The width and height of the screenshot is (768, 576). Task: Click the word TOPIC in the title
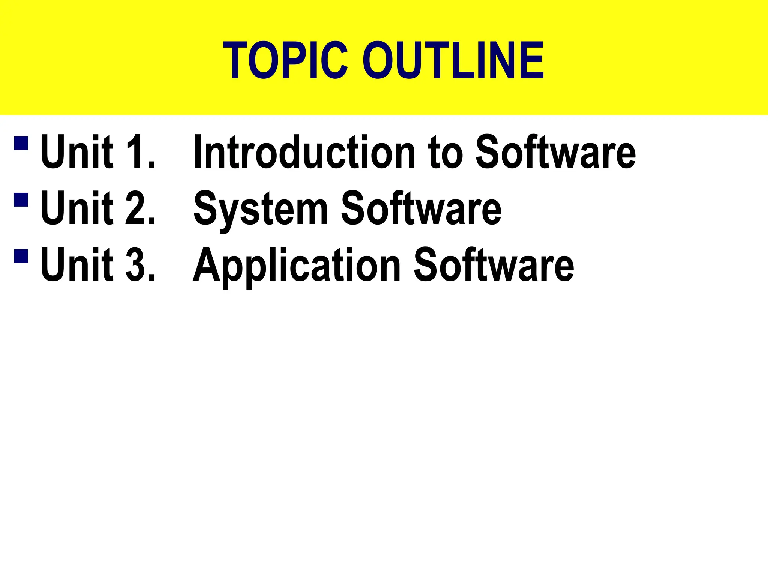click(285, 60)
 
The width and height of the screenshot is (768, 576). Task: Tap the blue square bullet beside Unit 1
click(21, 143)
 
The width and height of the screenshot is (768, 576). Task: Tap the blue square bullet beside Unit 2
click(21, 199)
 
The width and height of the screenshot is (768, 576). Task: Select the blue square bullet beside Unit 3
click(21, 256)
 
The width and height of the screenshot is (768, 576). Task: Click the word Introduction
click(304, 152)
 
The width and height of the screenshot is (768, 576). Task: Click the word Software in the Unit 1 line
click(555, 152)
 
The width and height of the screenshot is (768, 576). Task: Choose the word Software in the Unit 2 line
click(421, 208)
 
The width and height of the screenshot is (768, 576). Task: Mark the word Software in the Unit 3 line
click(493, 265)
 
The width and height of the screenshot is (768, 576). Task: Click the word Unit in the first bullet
click(77, 152)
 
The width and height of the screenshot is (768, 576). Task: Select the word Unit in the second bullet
click(77, 208)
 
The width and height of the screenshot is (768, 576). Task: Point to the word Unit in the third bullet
click(77, 265)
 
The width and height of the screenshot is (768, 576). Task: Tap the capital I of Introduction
click(198, 152)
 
